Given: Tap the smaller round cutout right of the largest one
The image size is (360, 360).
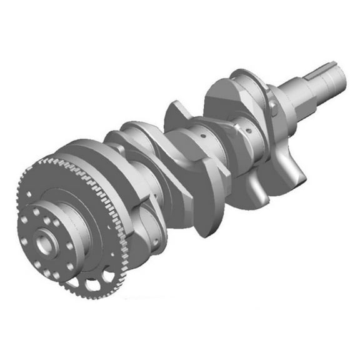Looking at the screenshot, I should tap(109, 274).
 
